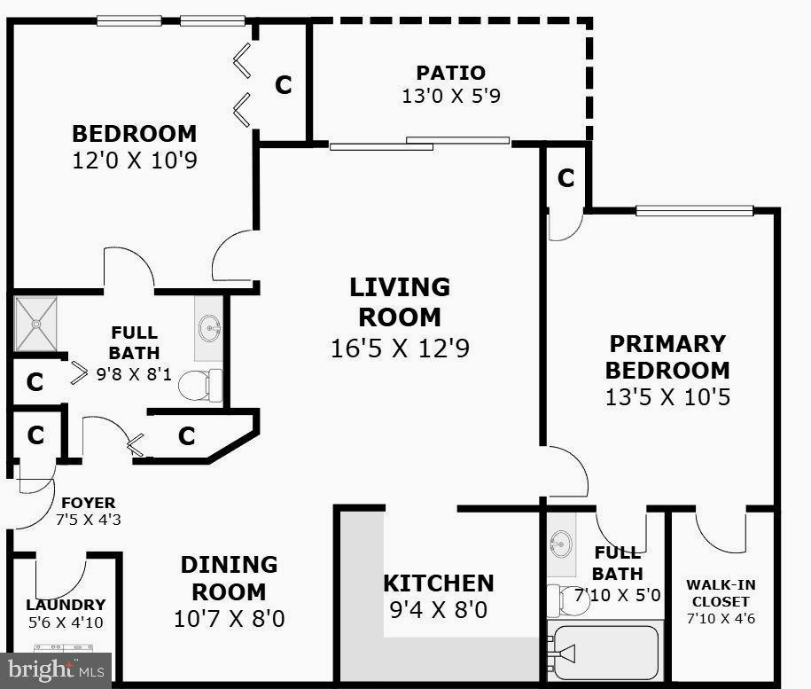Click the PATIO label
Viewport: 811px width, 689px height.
451,73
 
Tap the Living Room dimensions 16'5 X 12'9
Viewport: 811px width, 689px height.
399,348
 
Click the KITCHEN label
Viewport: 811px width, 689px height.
438,583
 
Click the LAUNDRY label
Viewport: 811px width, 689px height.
65,605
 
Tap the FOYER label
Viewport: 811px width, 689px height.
88,503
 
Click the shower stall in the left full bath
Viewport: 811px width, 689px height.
36,325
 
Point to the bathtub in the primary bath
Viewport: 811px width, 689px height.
604,654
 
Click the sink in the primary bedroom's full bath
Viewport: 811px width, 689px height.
561,541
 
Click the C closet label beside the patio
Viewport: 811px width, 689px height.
283,85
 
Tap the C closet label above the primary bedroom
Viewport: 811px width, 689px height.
565,178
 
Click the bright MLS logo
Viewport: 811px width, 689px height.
55,669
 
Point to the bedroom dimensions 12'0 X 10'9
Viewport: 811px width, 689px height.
134,161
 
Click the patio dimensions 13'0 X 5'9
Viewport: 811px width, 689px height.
451,96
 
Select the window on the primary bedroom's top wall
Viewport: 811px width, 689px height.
694,211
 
